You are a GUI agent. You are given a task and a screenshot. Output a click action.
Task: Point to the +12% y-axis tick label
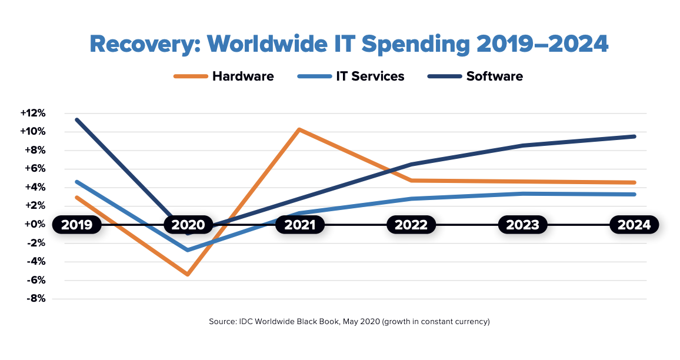click(x=34, y=113)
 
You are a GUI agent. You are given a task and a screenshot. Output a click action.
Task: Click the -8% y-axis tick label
click(x=35, y=299)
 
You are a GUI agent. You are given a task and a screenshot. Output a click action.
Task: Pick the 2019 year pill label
click(x=76, y=225)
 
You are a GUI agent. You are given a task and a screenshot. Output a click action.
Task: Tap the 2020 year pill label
click(x=188, y=225)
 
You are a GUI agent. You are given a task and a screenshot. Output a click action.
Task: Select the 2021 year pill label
click(x=300, y=225)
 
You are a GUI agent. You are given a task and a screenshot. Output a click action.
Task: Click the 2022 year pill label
click(x=411, y=225)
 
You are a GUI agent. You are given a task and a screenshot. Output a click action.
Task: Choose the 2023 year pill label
click(x=523, y=225)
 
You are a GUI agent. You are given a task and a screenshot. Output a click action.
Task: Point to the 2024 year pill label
click(x=634, y=225)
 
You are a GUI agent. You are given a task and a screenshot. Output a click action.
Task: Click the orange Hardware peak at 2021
click(x=299, y=129)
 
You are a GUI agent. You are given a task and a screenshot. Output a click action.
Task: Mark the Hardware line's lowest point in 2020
click(x=188, y=274)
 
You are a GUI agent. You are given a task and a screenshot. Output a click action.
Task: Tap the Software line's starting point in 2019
click(x=76, y=119)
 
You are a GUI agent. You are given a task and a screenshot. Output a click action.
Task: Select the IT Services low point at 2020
click(x=188, y=250)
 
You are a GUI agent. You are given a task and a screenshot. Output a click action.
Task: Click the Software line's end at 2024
click(x=634, y=136)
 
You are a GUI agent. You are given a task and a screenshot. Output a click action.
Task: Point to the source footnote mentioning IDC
click(x=349, y=322)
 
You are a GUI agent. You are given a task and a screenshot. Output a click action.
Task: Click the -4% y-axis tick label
click(x=35, y=262)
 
